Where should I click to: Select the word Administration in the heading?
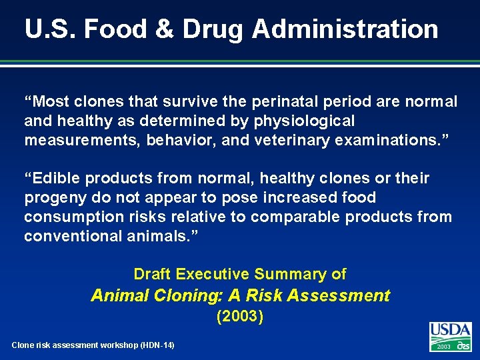coord(345,29)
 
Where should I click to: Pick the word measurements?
coord(85,141)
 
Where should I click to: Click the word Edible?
coord(57,179)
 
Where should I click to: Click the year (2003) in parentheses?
coord(240,317)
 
